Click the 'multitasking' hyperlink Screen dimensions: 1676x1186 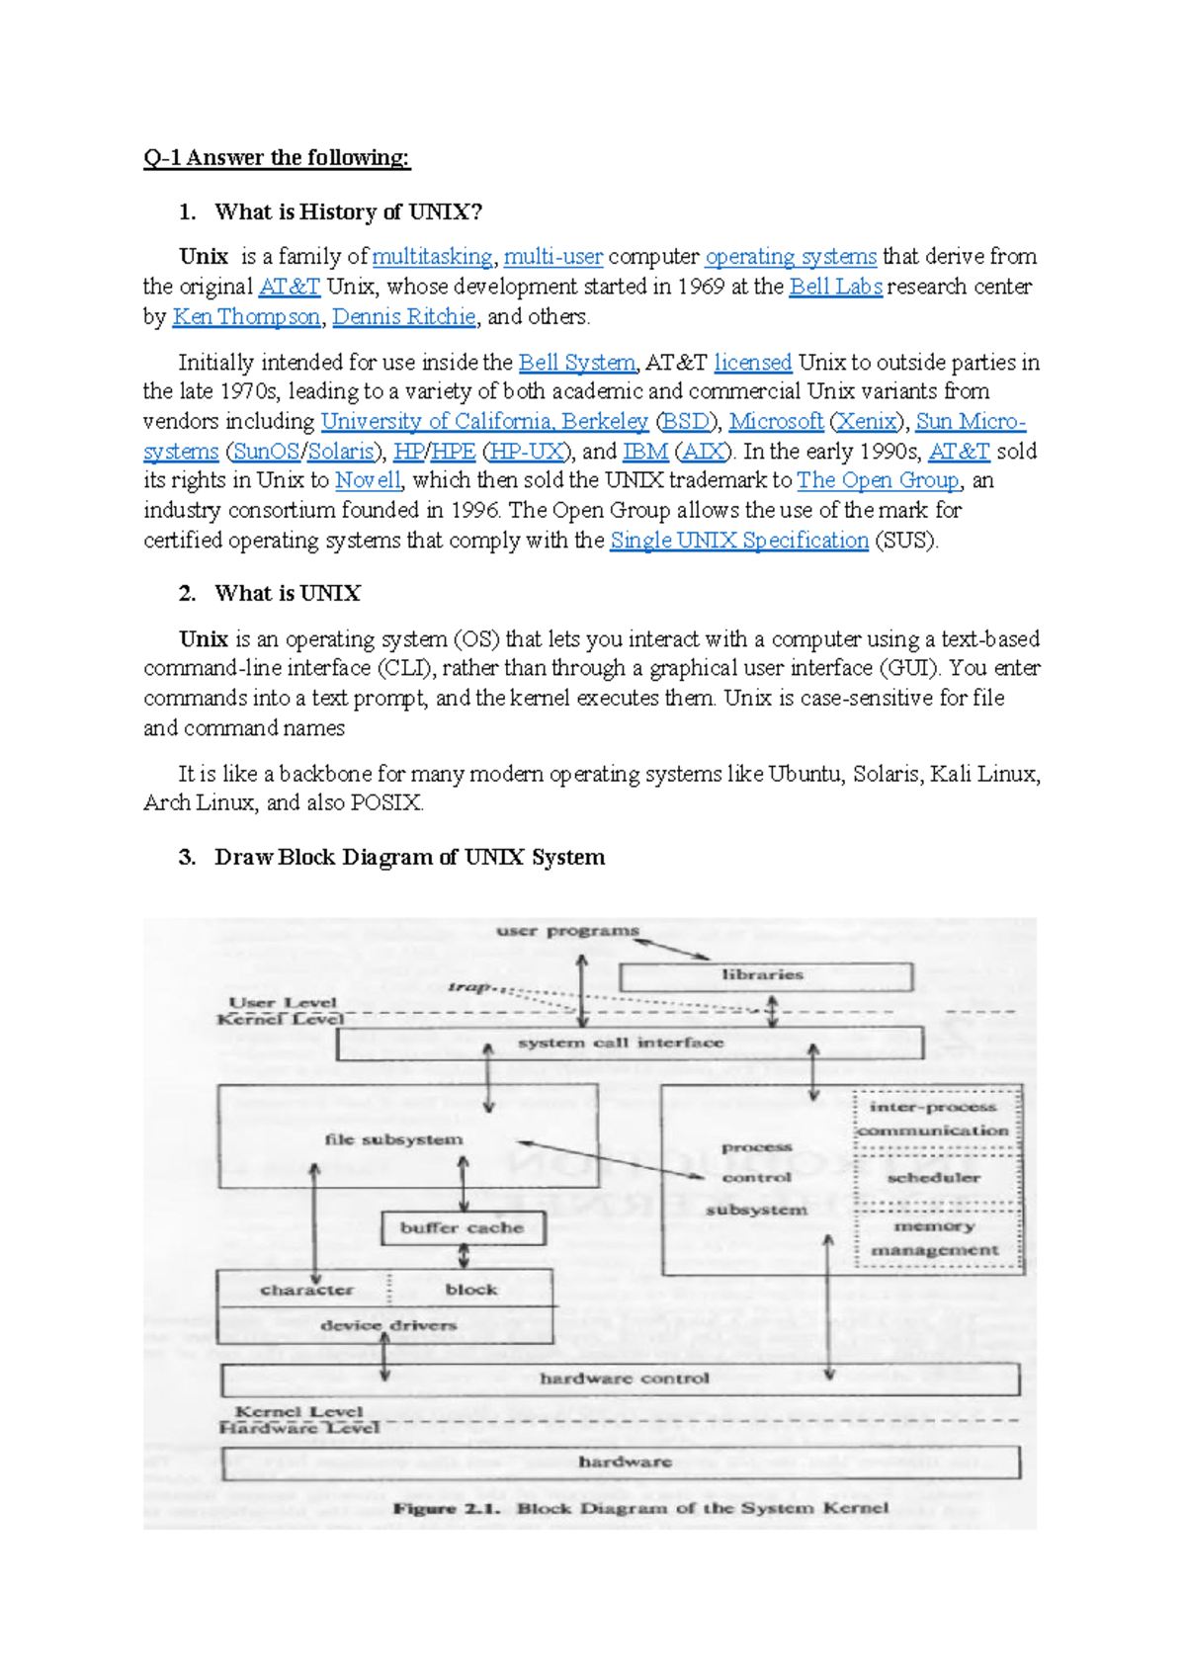click(x=432, y=257)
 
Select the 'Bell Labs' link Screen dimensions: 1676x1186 click(x=835, y=287)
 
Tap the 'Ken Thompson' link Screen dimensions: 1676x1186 click(x=246, y=317)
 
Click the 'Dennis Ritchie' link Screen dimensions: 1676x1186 click(x=403, y=317)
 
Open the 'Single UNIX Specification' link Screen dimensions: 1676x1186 click(x=738, y=541)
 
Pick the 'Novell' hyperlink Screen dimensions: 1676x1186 click(x=368, y=481)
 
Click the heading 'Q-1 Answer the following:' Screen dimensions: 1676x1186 click(x=276, y=158)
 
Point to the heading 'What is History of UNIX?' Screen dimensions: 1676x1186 click(x=348, y=212)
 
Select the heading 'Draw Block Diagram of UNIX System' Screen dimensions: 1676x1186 click(x=409, y=858)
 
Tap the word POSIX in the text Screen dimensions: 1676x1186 click(x=385, y=803)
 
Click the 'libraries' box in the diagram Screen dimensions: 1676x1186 click(x=764, y=975)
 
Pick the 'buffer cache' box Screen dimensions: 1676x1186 click(x=462, y=1228)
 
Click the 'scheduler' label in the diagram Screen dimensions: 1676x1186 click(x=933, y=1178)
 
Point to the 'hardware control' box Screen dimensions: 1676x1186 click(x=624, y=1379)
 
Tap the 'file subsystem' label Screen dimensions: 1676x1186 click(x=393, y=1139)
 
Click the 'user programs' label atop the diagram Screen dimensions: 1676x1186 click(x=567, y=931)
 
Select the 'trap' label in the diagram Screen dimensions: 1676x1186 click(x=469, y=987)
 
